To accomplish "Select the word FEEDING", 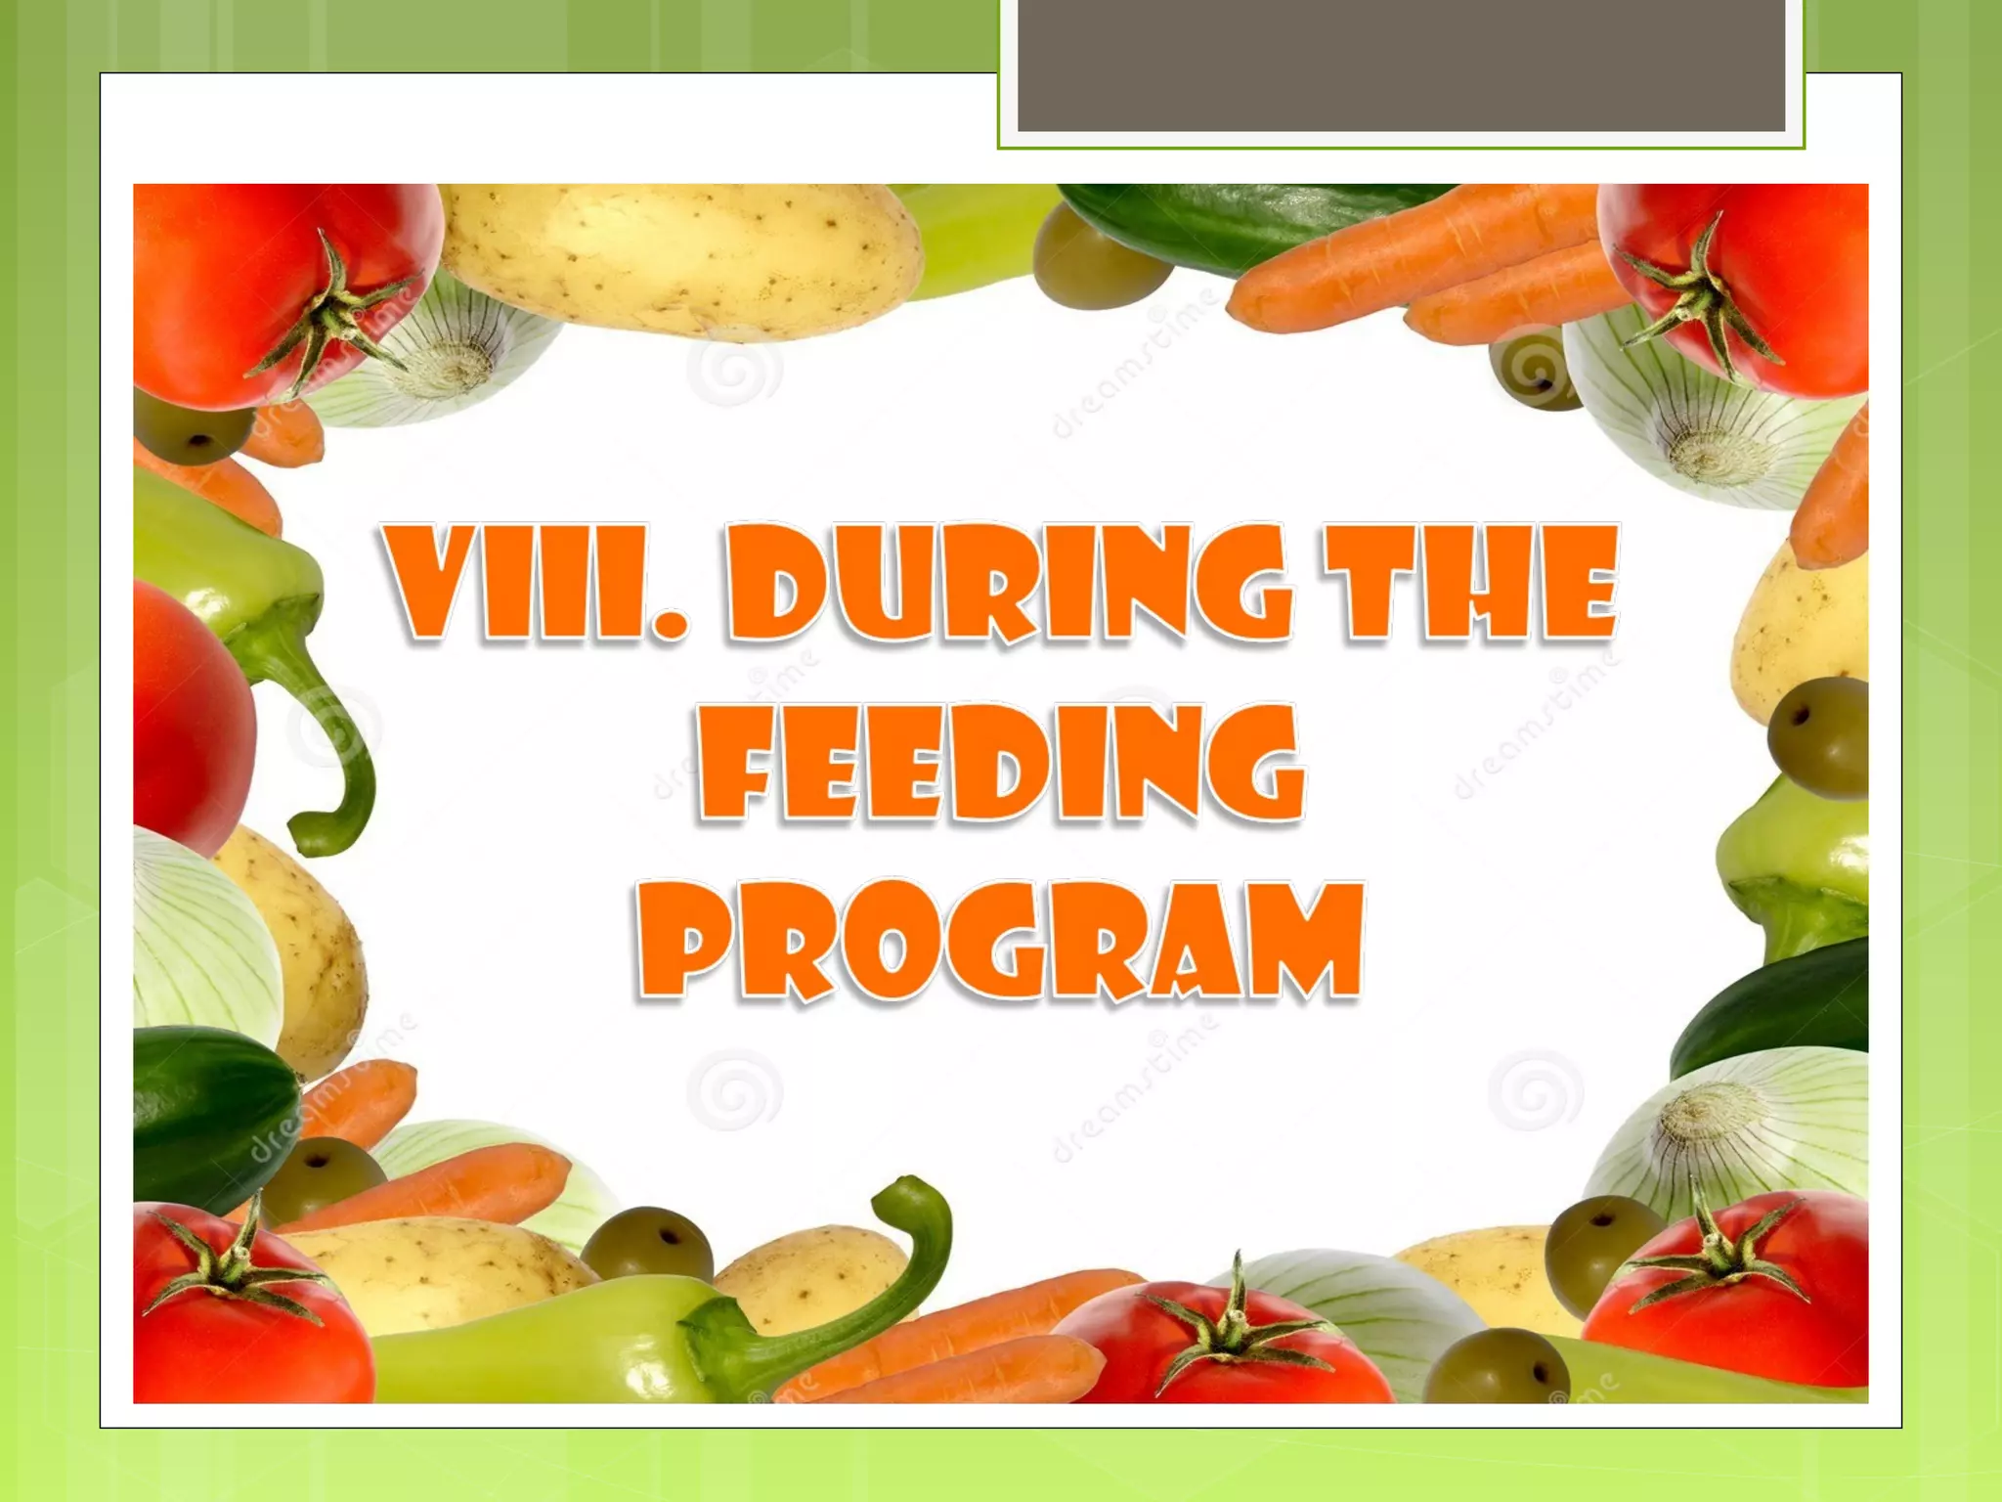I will point(999,763).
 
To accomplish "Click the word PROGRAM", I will point(999,941).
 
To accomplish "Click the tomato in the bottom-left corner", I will point(244,1310).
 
